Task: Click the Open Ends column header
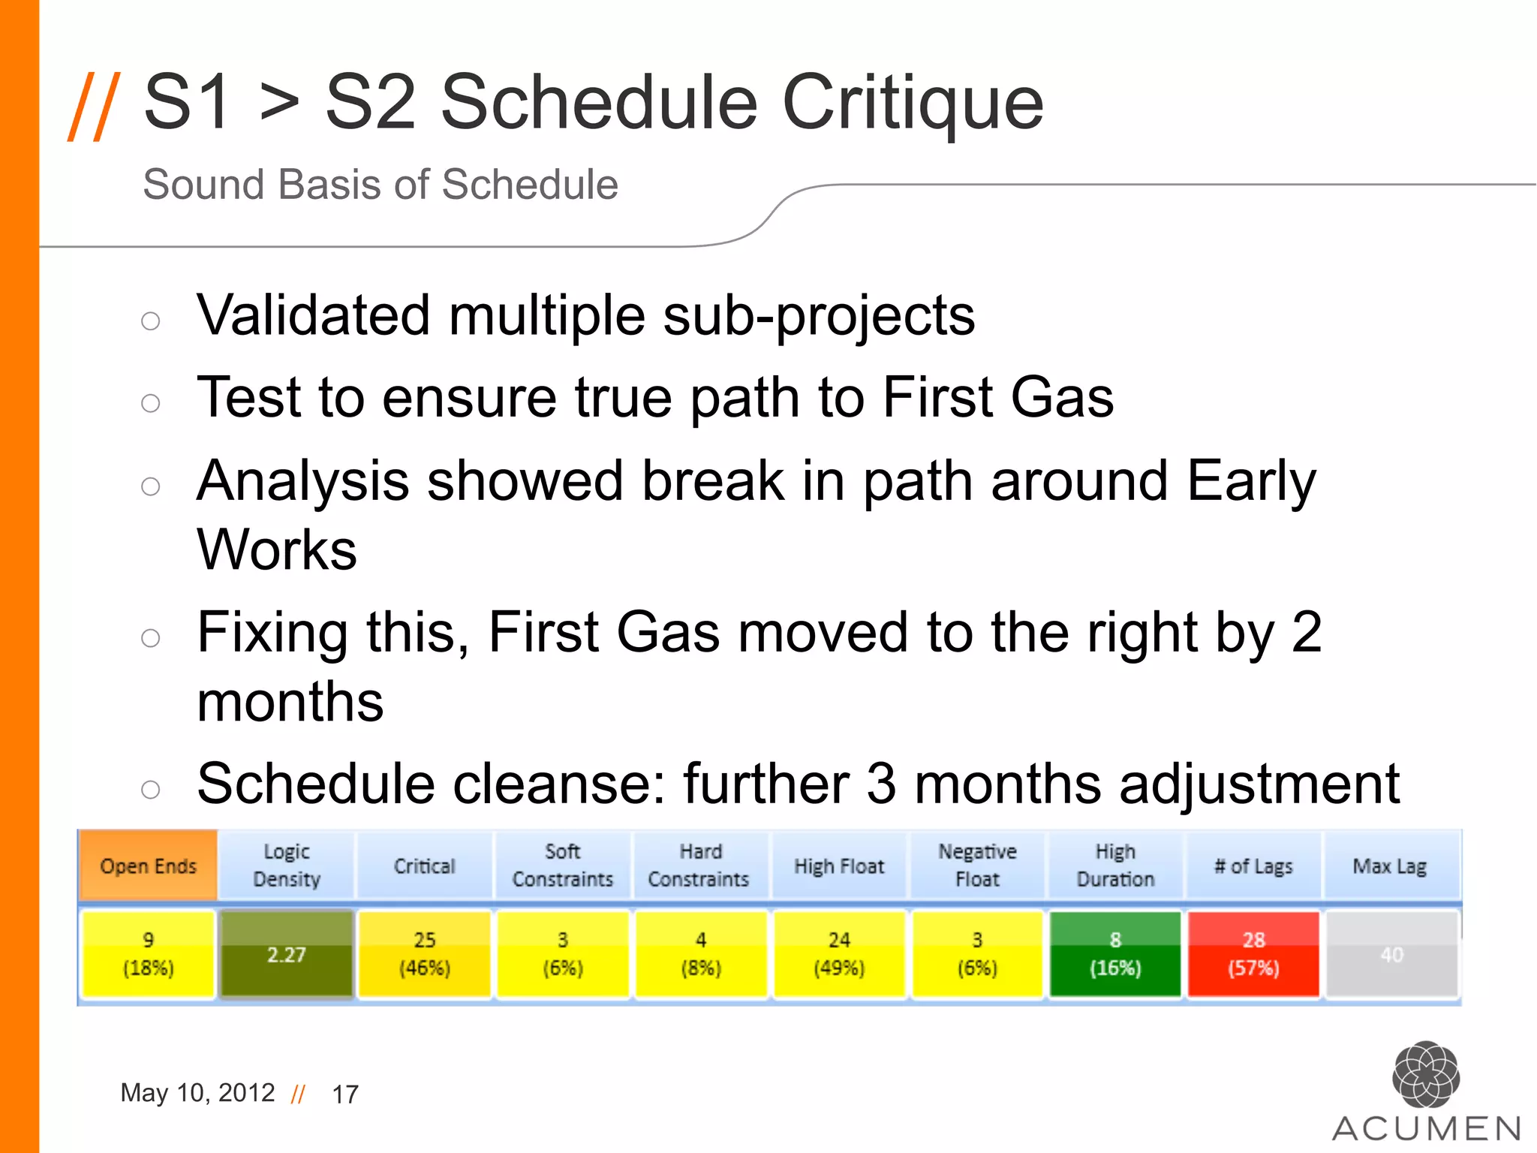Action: pos(148,866)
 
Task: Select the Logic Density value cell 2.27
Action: pos(286,954)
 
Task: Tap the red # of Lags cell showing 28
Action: pos(1253,954)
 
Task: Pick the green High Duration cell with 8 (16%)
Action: pos(1115,954)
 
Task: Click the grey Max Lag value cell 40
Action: pos(1391,954)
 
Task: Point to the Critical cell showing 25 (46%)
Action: pos(424,954)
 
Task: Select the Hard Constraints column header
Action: pos(699,866)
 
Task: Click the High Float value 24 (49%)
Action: pos(839,954)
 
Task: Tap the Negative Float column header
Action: pos(977,866)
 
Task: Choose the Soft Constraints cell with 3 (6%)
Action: pos(562,954)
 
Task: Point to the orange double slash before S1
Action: pos(94,106)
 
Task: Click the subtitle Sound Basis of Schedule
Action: pos(380,185)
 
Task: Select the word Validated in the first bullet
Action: pos(314,315)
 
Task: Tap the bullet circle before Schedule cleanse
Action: pos(151,789)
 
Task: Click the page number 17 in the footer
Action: pos(345,1094)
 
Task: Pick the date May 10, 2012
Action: pos(197,1093)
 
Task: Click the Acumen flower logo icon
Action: pos(1425,1074)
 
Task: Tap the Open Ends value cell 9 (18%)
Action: pos(148,954)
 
